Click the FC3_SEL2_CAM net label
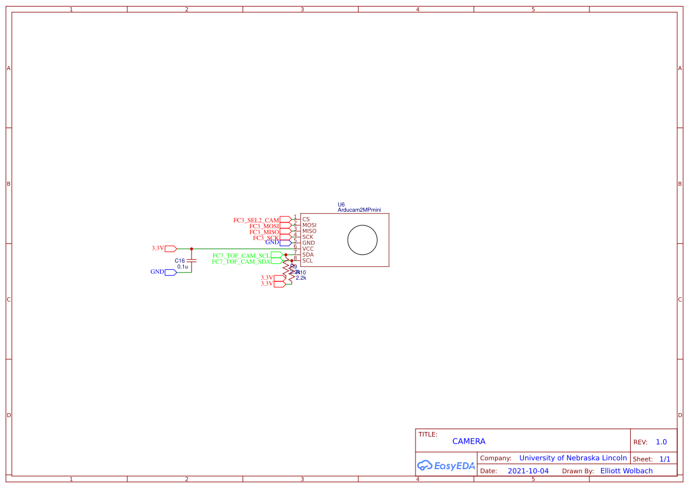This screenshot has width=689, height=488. point(256,220)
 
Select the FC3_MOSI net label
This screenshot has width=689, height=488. point(263,226)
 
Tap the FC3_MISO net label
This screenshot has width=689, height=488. point(263,232)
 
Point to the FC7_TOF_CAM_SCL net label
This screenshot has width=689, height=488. point(241,256)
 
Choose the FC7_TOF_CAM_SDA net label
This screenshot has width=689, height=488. point(241,261)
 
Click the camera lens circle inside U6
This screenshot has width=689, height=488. point(362,241)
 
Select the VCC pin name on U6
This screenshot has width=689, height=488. point(308,248)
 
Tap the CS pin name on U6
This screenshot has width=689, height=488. point(306,219)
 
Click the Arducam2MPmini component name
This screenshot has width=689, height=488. point(359,209)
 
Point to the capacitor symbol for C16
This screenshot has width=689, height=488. point(192,260)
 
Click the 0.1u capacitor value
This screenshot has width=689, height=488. point(183,267)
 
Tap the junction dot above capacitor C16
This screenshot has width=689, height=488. point(192,248)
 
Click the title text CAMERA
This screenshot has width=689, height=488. point(469,441)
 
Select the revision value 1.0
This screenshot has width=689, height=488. point(661,442)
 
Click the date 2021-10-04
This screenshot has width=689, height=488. point(528,471)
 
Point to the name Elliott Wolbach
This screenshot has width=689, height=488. point(626,471)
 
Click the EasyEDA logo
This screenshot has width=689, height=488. point(446,465)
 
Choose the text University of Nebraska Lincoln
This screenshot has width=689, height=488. point(573,458)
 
